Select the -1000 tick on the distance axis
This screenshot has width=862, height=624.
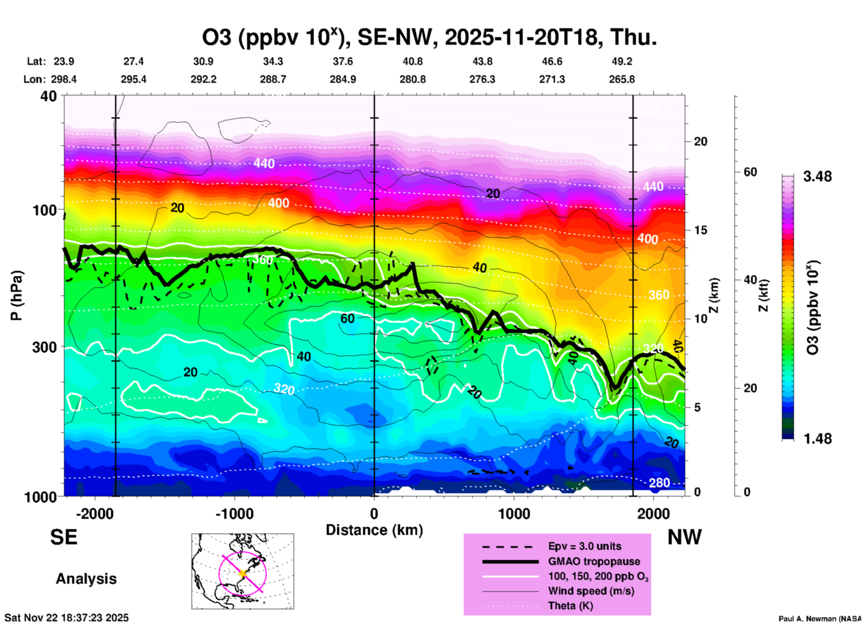click(x=234, y=513)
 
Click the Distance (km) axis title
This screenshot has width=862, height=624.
click(x=374, y=530)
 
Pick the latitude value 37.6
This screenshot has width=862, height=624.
click(x=342, y=61)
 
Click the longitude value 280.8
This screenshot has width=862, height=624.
click(x=412, y=79)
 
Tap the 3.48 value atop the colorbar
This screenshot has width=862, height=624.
click(x=817, y=176)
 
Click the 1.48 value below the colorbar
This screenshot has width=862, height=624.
click(x=817, y=439)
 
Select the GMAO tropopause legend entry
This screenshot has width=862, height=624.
click(x=594, y=561)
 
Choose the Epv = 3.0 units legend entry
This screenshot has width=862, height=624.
click(x=585, y=547)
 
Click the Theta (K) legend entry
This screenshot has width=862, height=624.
click(x=570, y=606)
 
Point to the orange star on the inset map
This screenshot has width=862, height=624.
click(x=243, y=573)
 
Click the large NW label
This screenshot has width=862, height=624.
click(x=684, y=537)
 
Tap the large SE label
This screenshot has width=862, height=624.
click(x=64, y=537)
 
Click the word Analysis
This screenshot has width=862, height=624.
click(x=86, y=578)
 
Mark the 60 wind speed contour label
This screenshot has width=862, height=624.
click(x=347, y=318)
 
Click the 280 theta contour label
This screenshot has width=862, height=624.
click(x=659, y=483)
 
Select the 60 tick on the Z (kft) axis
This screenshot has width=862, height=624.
click(x=750, y=172)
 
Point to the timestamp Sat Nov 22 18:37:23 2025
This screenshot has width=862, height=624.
click(x=66, y=618)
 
